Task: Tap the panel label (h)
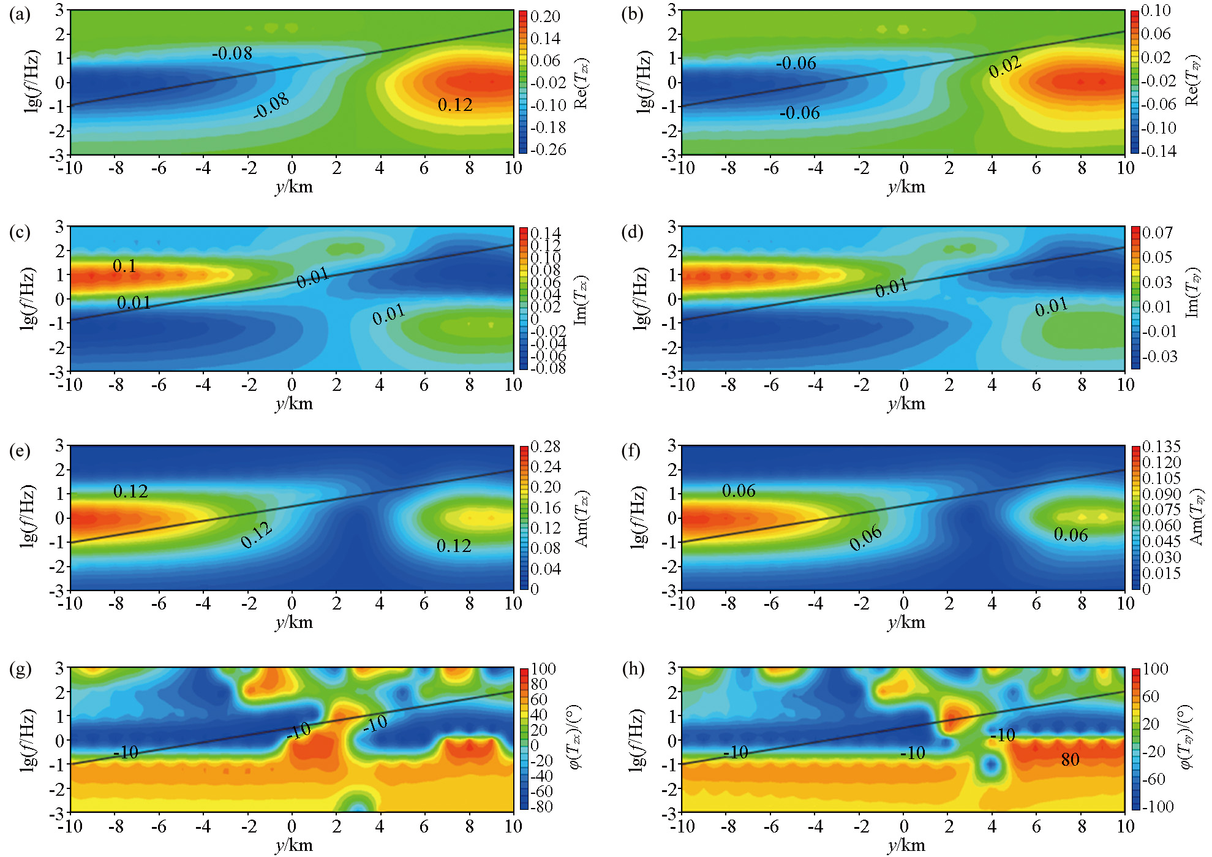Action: (x=633, y=668)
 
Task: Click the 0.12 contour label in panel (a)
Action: (x=455, y=105)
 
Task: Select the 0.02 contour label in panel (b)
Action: (x=1005, y=67)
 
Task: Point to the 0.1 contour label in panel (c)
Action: (x=124, y=266)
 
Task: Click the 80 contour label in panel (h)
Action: (x=1070, y=760)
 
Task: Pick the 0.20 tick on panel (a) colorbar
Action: (x=545, y=17)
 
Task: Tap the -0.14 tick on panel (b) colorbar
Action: (x=1158, y=151)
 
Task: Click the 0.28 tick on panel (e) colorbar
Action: (x=545, y=447)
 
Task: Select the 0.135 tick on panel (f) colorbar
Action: (x=1161, y=447)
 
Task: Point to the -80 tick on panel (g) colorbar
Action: (x=541, y=806)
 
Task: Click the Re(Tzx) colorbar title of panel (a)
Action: (x=581, y=84)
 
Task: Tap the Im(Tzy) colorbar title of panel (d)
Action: (x=1192, y=293)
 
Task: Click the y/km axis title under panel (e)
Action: (x=294, y=622)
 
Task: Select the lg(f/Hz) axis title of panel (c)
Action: (x=28, y=299)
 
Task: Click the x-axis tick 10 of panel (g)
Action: (x=513, y=826)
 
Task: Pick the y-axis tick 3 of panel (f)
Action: (x=672, y=445)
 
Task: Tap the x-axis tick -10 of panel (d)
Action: (x=682, y=385)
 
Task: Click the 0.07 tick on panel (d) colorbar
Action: (x=1157, y=233)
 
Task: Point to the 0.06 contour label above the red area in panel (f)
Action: (x=739, y=491)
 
